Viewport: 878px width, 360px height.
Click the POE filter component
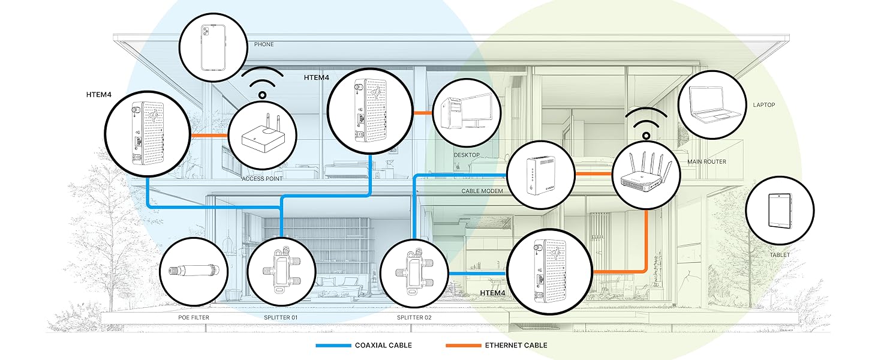tap(195, 271)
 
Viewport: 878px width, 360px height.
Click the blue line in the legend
tap(333, 346)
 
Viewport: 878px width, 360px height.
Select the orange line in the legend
tap(463, 346)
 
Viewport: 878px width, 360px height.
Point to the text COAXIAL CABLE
tap(383, 346)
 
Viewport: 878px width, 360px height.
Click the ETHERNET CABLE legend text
tap(516, 346)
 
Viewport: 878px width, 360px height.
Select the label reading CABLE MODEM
tap(482, 191)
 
